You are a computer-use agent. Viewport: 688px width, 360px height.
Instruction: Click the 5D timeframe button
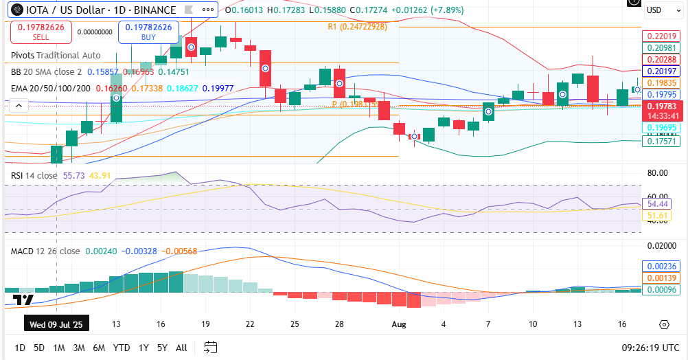(39, 348)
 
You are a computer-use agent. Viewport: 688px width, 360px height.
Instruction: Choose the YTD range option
(122, 348)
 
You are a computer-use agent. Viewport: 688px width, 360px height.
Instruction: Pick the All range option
(181, 348)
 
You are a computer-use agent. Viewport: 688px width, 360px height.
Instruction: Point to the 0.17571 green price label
(661, 141)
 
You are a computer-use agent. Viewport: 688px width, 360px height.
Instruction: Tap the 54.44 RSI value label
(658, 204)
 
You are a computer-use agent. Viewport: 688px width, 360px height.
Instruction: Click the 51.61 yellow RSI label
(658, 216)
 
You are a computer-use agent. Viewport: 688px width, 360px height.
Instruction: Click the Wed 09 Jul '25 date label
(56, 324)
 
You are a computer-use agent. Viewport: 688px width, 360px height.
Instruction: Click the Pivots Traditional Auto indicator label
(56, 55)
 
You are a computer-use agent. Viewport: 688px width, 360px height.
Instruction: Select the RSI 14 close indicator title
(34, 176)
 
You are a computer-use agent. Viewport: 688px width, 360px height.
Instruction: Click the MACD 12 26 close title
(45, 251)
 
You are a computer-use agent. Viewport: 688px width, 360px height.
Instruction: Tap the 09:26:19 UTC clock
(649, 348)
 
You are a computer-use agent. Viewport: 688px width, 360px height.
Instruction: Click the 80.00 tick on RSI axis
(658, 173)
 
